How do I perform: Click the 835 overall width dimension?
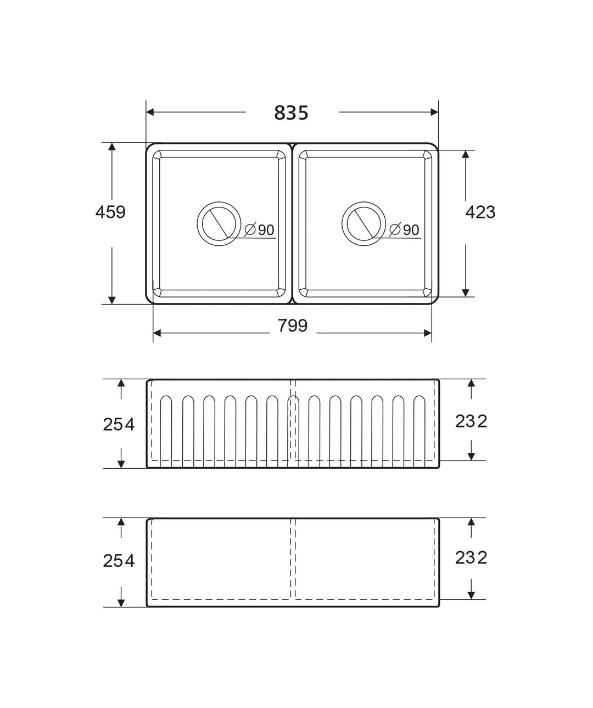tap(291, 113)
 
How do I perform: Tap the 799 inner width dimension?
tap(293, 325)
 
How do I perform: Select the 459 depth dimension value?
tap(110, 212)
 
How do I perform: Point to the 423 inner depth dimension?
tap(480, 212)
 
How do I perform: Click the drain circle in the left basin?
tap(219, 202)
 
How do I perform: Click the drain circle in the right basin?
tap(363, 202)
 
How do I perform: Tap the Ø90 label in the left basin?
tap(259, 230)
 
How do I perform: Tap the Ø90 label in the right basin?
tap(404, 230)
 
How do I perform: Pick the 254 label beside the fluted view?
tap(119, 424)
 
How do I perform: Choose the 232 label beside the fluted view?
tap(471, 422)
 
